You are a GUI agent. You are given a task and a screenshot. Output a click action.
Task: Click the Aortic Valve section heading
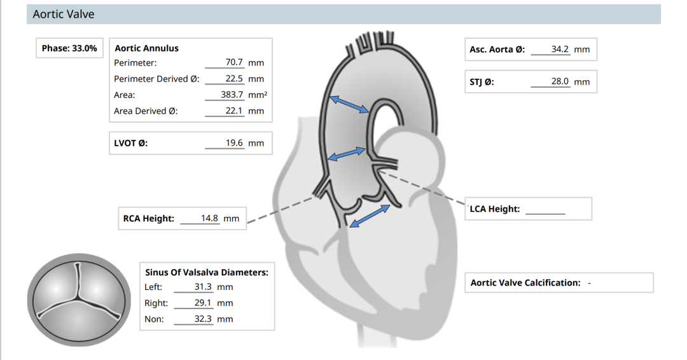click(x=64, y=15)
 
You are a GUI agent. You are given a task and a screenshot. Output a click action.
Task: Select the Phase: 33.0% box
click(x=69, y=48)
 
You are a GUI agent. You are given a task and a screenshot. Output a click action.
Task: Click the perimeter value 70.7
click(x=234, y=62)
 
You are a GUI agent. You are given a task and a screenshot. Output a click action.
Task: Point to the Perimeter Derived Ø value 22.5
click(x=234, y=78)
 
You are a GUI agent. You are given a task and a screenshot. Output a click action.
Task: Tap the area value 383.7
click(x=232, y=95)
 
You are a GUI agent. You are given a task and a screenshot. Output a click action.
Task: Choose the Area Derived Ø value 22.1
click(x=234, y=111)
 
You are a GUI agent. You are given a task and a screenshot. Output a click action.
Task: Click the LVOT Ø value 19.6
click(x=234, y=142)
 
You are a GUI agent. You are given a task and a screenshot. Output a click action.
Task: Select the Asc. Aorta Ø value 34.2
click(x=560, y=49)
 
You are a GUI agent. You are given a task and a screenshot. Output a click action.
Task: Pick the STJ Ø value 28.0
click(x=560, y=81)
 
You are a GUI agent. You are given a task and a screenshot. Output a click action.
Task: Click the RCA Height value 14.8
click(x=209, y=218)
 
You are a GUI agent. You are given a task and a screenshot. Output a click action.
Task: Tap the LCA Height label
click(x=495, y=209)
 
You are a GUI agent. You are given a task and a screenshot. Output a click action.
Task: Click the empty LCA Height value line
click(x=546, y=214)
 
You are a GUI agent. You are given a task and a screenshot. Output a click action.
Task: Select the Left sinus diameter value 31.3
click(x=203, y=287)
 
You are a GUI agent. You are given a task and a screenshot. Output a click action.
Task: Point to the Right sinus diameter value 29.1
click(x=203, y=303)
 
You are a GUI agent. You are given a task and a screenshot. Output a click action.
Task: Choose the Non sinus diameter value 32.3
click(x=203, y=319)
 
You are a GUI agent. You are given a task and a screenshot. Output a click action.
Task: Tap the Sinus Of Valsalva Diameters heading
click(x=206, y=272)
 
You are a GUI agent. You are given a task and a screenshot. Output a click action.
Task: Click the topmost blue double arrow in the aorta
click(x=349, y=105)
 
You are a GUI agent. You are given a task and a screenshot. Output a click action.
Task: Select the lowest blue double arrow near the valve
click(x=370, y=216)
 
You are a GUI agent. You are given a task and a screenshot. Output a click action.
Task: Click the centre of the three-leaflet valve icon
click(x=78, y=300)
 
